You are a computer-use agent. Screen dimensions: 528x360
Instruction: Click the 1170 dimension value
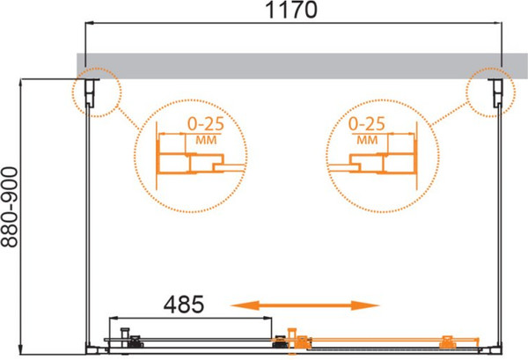tap(291, 10)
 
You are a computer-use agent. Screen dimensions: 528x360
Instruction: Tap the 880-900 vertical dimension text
tap(9, 208)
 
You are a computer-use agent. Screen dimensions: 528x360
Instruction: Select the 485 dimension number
tap(184, 304)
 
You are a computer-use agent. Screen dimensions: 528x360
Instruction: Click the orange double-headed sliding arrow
tap(305, 305)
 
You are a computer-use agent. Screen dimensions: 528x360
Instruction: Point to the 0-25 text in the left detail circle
tap(206, 124)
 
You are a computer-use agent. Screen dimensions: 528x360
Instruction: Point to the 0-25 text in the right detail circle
tap(367, 124)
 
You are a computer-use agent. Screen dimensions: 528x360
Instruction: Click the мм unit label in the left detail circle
tap(206, 140)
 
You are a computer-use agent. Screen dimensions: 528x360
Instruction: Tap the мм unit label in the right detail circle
tap(367, 140)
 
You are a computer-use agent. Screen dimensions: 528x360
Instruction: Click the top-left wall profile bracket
tap(91, 92)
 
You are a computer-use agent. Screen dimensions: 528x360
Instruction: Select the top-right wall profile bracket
tap(495, 93)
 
